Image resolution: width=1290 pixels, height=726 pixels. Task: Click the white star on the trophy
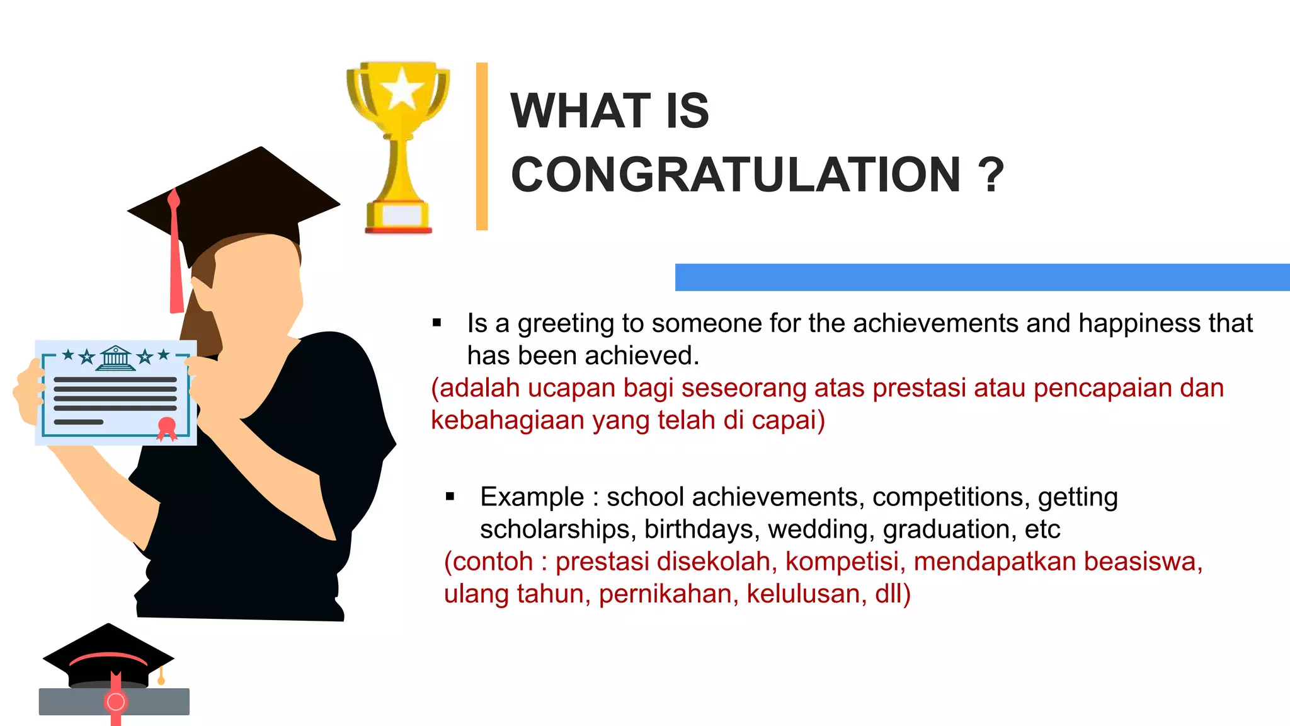(401, 89)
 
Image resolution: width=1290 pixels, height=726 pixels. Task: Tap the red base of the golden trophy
(398, 230)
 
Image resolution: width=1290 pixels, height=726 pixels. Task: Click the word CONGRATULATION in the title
(736, 175)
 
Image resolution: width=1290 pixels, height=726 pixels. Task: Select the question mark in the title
(991, 175)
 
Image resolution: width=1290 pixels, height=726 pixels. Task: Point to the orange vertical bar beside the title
(482, 146)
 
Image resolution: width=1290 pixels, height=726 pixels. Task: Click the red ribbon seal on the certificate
(167, 428)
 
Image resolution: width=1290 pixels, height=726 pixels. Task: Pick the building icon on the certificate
(115, 358)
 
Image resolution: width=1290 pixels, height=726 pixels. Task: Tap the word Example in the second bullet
(532, 497)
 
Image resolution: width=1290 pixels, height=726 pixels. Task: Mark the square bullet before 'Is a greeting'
(437, 323)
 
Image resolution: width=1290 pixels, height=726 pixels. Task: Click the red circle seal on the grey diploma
(116, 701)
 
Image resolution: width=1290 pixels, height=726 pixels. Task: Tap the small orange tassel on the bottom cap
(161, 678)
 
